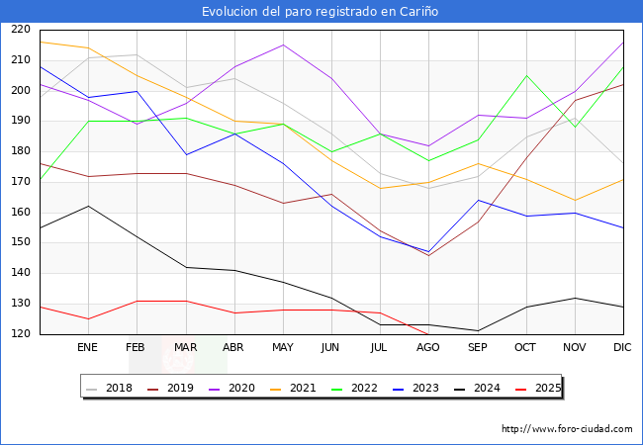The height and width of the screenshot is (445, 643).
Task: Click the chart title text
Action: click(x=321, y=12)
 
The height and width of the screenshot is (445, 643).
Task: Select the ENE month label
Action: click(x=88, y=348)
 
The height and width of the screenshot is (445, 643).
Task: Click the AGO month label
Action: click(x=428, y=348)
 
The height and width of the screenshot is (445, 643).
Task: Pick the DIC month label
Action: click(x=622, y=348)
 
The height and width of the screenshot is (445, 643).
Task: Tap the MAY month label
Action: click(x=283, y=348)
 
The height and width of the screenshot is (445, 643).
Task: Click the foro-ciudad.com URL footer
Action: click(x=567, y=429)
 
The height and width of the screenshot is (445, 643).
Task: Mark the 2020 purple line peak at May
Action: click(x=283, y=44)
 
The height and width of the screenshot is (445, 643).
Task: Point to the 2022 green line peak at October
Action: click(x=526, y=75)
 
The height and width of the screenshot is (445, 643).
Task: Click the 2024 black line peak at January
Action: click(x=88, y=206)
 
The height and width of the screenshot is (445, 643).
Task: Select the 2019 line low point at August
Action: click(x=428, y=255)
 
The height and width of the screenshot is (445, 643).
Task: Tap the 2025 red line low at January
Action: click(x=88, y=318)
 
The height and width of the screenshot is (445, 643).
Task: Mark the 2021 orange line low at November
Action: click(x=575, y=200)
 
